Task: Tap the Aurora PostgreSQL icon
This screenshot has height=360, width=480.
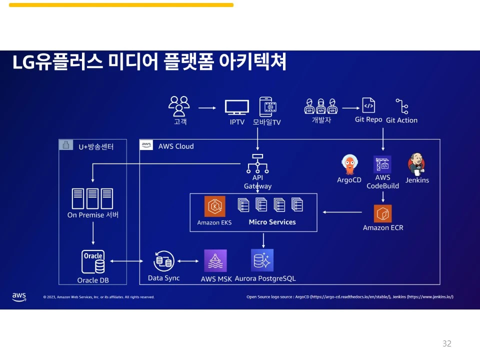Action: pos(262,260)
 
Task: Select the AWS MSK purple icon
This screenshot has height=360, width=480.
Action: pos(215,260)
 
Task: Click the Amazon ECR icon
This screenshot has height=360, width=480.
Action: pos(382,213)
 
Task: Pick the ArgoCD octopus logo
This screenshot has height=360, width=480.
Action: pos(349,164)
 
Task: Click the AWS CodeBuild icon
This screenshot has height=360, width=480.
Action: pos(382,164)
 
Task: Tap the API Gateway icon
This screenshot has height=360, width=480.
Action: pos(257,163)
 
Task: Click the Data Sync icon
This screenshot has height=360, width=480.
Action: pos(164,260)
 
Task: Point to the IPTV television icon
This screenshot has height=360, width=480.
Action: pos(236,107)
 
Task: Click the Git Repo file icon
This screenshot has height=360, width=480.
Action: pos(368,105)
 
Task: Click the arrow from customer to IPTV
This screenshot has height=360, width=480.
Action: pos(206,107)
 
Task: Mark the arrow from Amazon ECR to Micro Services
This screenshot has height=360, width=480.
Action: pos(342,212)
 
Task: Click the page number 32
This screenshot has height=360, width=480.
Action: pos(446,343)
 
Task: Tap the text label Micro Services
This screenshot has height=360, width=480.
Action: pos(272,222)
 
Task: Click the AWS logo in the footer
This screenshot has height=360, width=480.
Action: pos(19,296)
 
